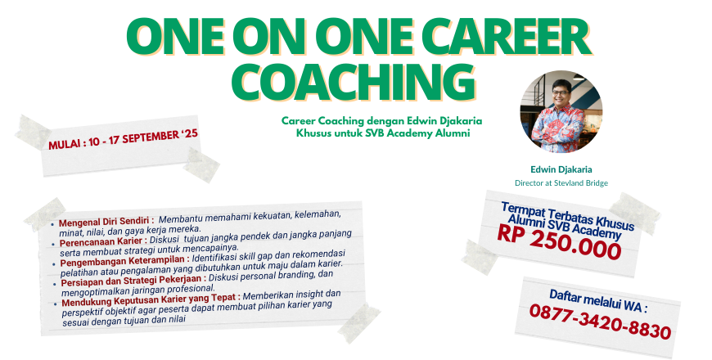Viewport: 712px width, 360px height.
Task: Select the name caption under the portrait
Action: point(561,169)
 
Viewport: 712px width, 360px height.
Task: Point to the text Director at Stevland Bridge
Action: point(561,183)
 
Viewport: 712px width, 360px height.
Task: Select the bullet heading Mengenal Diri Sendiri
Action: point(105,221)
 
